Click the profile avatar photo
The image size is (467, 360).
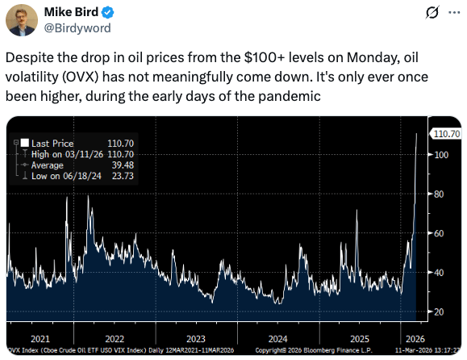22,20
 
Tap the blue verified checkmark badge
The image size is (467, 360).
108,12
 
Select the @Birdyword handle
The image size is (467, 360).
77,28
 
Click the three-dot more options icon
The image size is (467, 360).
454,13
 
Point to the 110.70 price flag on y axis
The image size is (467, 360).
446,134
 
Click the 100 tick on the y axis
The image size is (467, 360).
441,155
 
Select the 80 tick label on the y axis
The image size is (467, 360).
439,194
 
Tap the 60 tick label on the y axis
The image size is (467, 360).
439,233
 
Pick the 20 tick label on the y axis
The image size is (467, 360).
439,312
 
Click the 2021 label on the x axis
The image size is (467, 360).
40,339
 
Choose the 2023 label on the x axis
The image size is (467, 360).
196,339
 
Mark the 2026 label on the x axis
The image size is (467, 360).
415,339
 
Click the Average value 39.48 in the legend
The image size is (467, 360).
123,165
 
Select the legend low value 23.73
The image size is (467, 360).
123,176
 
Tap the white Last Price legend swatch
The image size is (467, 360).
25,143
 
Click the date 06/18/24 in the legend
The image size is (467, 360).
82,176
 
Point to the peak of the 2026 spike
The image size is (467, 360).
416,133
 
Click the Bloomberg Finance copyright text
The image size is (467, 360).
314,350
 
